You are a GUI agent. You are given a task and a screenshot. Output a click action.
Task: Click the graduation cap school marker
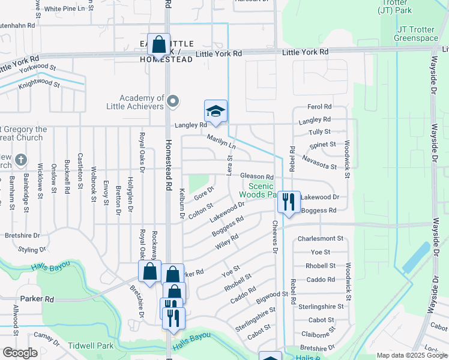[x=215, y=112]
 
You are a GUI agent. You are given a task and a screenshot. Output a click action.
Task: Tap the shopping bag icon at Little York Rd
[x=159, y=45]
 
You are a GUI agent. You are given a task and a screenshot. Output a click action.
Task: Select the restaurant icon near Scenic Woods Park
[x=289, y=203]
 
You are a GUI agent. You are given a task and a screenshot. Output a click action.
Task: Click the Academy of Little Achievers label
[x=142, y=102]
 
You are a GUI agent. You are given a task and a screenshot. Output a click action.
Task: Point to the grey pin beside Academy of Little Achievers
[x=173, y=101]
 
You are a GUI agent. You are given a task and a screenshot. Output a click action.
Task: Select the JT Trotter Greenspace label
[x=416, y=34]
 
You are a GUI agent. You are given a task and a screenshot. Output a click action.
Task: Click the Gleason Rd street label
[x=257, y=177]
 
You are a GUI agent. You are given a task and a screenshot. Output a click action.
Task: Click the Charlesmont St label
[x=320, y=238]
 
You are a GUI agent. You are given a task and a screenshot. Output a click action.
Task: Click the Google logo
[x=20, y=353]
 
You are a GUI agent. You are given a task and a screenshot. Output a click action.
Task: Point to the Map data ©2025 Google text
[x=411, y=355]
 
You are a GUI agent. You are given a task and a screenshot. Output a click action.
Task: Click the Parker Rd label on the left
[x=37, y=298]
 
